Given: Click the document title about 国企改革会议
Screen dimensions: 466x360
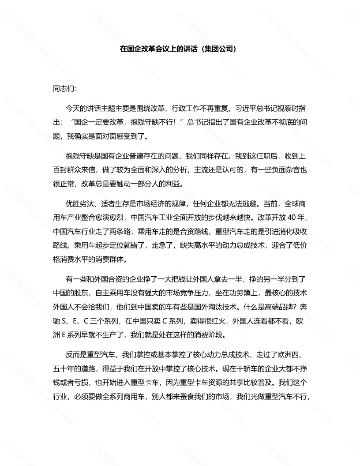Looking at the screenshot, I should [159, 49].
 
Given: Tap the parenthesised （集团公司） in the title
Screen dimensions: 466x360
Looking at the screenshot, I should [218, 49].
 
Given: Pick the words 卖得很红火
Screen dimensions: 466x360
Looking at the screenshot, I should [201, 321].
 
